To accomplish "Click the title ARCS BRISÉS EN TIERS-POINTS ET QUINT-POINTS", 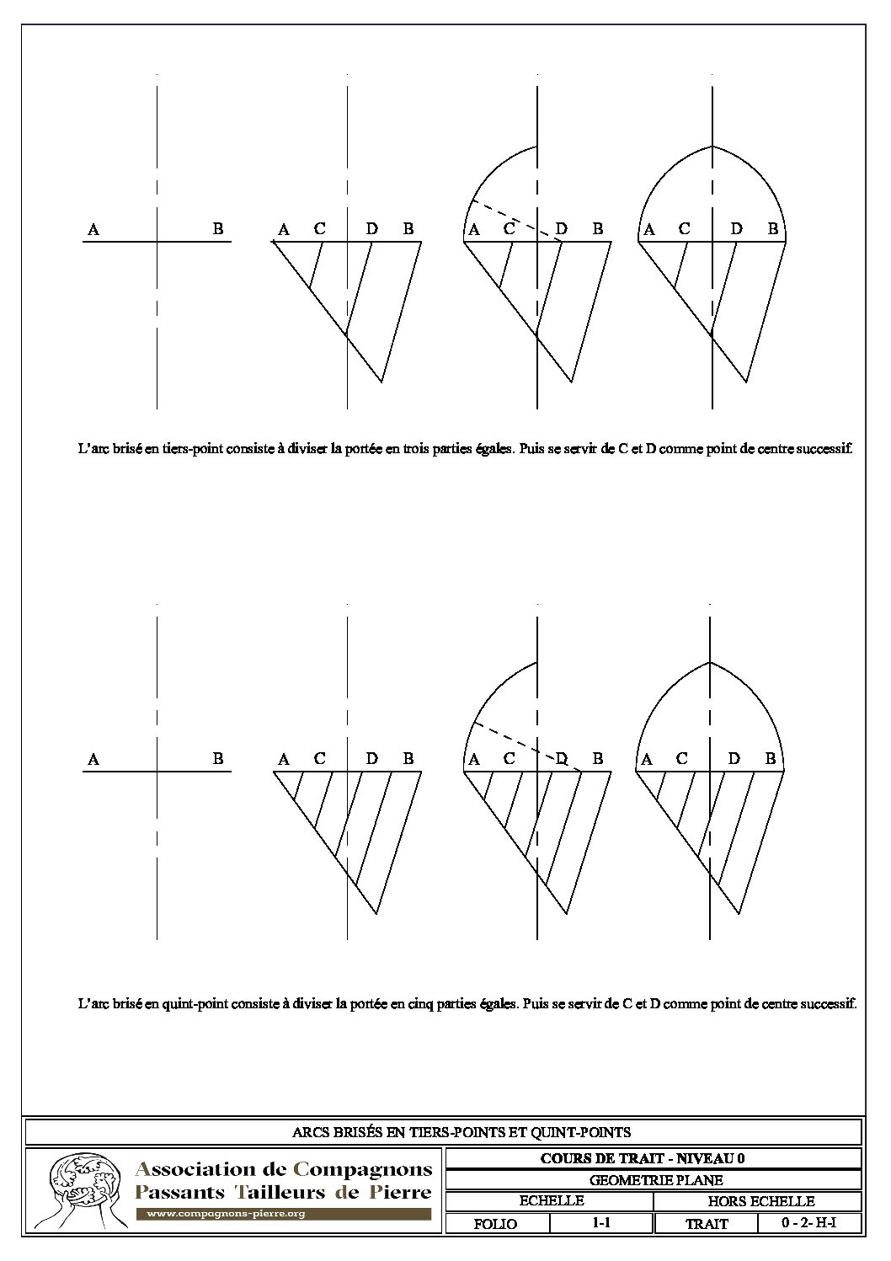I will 461,1132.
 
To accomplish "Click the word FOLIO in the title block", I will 495,1224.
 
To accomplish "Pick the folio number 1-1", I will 600,1223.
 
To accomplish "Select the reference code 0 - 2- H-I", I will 808,1223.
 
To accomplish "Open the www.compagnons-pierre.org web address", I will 226,1214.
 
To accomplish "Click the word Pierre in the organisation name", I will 397,1192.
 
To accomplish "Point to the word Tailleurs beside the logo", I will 277,1192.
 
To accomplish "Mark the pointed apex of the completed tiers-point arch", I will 712,147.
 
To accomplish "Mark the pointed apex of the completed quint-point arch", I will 711,662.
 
